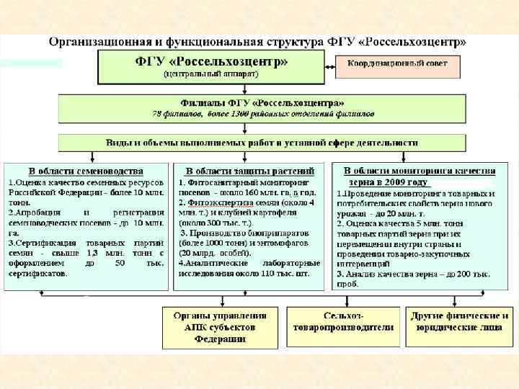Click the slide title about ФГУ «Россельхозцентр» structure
tap(258, 42)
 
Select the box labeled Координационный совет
tap(397, 64)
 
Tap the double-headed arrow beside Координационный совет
tap(328, 69)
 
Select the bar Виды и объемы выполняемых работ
tap(262, 142)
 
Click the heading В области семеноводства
tap(86, 171)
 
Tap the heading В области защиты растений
tap(249, 171)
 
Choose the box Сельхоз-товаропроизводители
tap(343, 321)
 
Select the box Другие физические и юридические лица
tap(459, 321)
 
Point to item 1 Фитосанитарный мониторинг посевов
tap(249, 187)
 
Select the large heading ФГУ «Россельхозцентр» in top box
tap(211, 61)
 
